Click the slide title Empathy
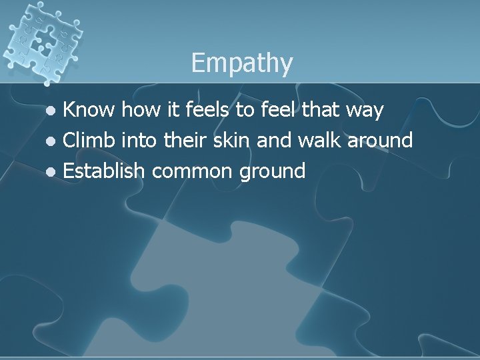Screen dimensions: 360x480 click(241, 64)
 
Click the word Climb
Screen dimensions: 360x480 click(90, 141)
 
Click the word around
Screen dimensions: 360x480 click(380, 141)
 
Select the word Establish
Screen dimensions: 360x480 click(103, 171)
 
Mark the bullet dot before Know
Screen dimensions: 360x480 click(55, 111)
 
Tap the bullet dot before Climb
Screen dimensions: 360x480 click(55, 142)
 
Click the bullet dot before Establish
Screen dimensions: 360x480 click(55, 173)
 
